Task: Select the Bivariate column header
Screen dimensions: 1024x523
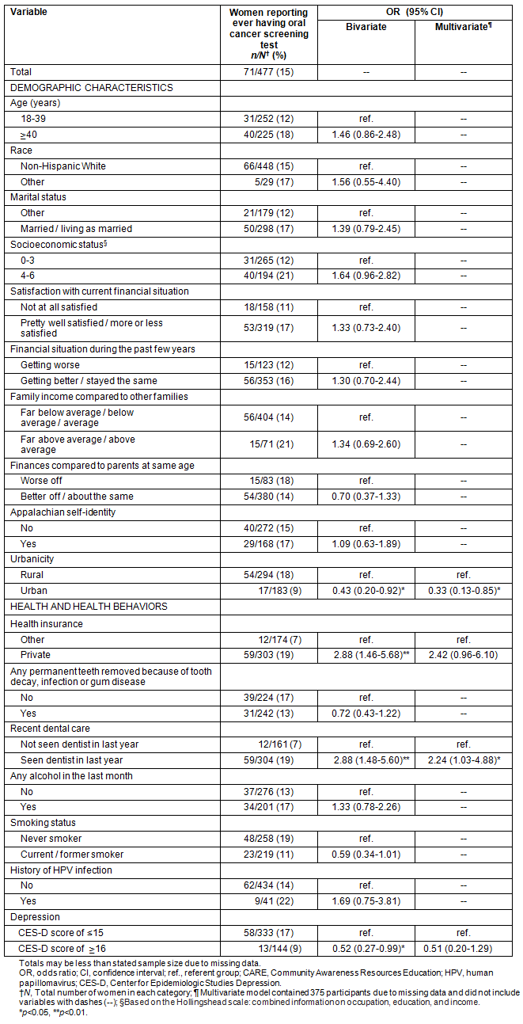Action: tap(366, 27)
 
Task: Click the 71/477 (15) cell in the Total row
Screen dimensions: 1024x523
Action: tap(269, 72)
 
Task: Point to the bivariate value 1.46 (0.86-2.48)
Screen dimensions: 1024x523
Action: tap(366, 135)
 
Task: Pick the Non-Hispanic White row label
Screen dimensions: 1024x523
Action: tap(63, 166)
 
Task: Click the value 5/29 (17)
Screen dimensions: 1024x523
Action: tap(269, 181)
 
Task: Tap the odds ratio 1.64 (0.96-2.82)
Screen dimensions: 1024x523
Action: tap(366, 276)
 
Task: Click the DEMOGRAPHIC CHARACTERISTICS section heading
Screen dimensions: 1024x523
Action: tap(91, 88)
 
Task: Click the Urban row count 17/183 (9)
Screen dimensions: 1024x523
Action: tap(269, 590)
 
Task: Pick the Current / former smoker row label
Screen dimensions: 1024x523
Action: tap(72, 854)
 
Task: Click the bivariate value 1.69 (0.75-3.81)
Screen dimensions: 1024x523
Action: tap(366, 900)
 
